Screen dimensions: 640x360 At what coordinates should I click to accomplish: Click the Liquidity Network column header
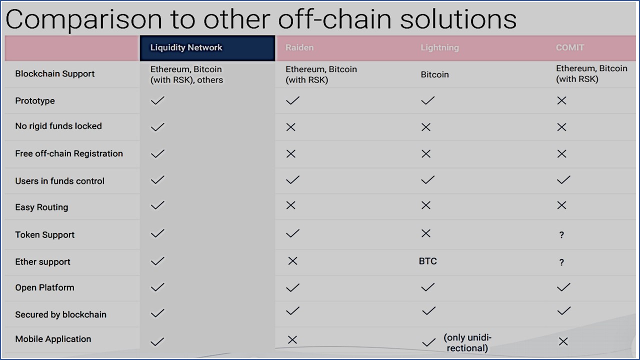[186, 47]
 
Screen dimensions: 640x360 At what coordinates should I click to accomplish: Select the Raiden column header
[299, 47]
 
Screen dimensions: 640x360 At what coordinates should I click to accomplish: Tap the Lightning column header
[439, 47]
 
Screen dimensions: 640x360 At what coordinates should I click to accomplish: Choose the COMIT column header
[569, 47]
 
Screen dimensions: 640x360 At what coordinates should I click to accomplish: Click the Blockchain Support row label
[54, 73]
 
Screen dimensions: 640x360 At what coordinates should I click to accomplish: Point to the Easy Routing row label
[41, 207]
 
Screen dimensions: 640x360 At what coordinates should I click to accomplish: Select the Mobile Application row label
[53, 339]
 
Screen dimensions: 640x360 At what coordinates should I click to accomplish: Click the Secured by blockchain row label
[60, 314]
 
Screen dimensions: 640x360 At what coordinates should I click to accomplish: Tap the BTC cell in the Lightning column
[427, 261]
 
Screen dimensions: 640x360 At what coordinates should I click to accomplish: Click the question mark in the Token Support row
[561, 235]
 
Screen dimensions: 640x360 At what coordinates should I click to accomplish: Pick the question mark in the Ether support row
[561, 262]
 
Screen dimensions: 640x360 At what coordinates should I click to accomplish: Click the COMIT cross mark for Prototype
[561, 100]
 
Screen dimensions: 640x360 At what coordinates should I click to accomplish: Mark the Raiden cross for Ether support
[293, 261]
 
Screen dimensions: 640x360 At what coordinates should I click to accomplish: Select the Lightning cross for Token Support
[426, 233]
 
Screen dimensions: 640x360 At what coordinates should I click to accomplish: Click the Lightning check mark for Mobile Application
[428, 342]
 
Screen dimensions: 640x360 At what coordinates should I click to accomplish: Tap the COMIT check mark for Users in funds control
[563, 179]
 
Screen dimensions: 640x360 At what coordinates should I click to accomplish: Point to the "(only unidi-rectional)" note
[467, 343]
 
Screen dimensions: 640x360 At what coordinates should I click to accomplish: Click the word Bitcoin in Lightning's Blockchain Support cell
[434, 74]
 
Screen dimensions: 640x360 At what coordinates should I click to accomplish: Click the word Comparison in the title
[83, 19]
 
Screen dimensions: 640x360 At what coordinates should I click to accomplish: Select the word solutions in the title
[458, 19]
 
